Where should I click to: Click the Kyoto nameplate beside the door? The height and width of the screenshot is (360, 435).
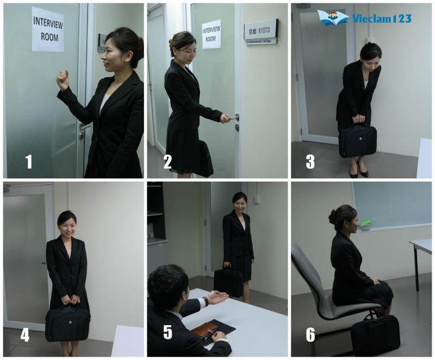(260, 31)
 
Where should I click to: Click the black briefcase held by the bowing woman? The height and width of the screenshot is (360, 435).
(357, 140)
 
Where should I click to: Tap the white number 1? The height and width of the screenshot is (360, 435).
(29, 162)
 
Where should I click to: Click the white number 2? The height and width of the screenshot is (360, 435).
(167, 162)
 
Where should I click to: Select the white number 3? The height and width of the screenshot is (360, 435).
(310, 162)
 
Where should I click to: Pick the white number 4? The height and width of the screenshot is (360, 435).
(25, 334)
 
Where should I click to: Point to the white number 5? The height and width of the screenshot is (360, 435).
(167, 334)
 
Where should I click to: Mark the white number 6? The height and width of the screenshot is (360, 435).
(310, 334)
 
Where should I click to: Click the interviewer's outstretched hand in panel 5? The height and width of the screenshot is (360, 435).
(216, 297)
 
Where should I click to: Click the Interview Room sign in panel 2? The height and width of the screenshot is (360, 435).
(212, 34)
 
